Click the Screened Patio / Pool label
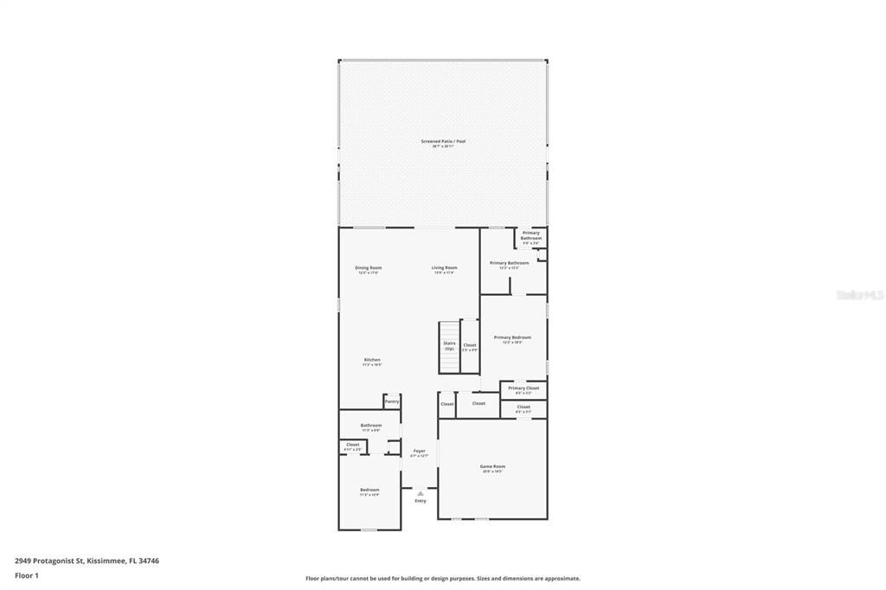pyautogui.click(x=443, y=141)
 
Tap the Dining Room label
pyautogui.click(x=369, y=268)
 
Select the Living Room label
pyautogui.click(x=445, y=268)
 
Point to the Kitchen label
pyautogui.click(x=372, y=360)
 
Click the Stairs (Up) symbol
pyautogui.click(x=449, y=346)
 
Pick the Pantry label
pyautogui.click(x=392, y=401)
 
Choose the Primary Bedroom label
pyautogui.click(x=512, y=337)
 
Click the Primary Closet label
pyautogui.click(x=523, y=388)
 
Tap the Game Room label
pyautogui.click(x=492, y=466)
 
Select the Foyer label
pyautogui.click(x=419, y=451)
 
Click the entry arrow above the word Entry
pyautogui.click(x=421, y=494)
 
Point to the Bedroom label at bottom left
pyautogui.click(x=369, y=490)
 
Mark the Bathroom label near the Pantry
pyautogui.click(x=371, y=425)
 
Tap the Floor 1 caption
pyautogui.click(x=27, y=575)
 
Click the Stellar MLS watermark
pyautogui.click(x=859, y=295)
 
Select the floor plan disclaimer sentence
pyautogui.click(x=443, y=579)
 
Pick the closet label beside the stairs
pyautogui.click(x=470, y=345)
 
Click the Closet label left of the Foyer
pyautogui.click(x=352, y=445)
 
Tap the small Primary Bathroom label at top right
pyautogui.click(x=530, y=235)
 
